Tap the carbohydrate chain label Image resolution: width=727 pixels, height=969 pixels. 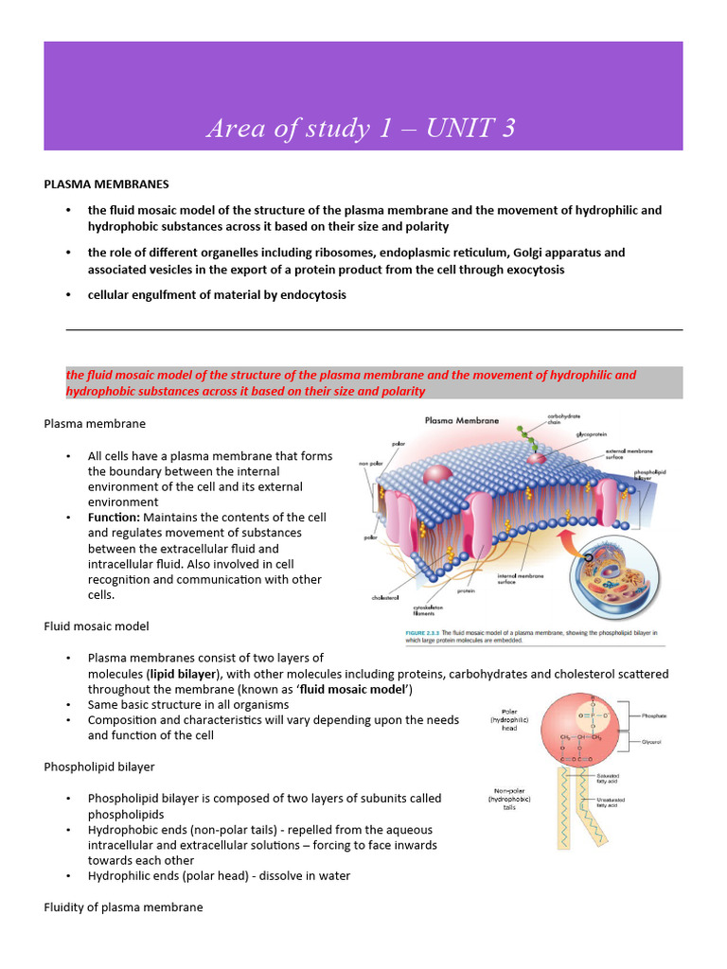(566, 417)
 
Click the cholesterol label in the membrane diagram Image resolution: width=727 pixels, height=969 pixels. (387, 598)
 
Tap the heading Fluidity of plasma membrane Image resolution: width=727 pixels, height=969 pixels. (123, 907)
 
